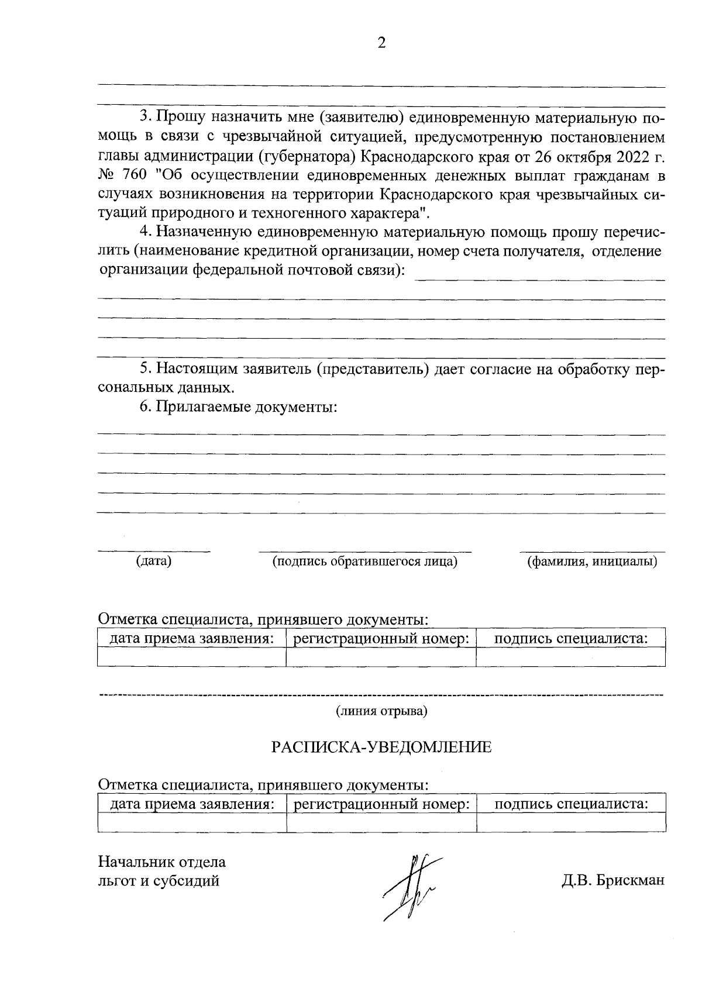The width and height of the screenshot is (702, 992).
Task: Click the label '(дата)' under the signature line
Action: click(x=153, y=562)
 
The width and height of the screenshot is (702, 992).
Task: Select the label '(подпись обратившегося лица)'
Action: click(x=365, y=562)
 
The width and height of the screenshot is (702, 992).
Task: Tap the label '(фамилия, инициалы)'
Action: click(x=592, y=562)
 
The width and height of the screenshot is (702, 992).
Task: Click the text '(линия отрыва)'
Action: click(x=381, y=711)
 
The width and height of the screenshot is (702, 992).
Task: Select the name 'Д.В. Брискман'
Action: click(x=613, y=881)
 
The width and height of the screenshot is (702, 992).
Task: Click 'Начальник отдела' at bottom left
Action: click(x=162, y=862)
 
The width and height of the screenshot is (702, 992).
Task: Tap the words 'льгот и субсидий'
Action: click(x=159, y=880)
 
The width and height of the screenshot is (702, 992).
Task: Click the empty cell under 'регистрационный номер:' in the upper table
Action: click(x=381, y=657)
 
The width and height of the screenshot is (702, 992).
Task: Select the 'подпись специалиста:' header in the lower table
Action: click(x=571, y=804)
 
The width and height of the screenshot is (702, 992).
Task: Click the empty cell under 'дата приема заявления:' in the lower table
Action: click(x=192, y=822)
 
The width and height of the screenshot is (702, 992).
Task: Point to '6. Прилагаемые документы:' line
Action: click(x=238, y=407)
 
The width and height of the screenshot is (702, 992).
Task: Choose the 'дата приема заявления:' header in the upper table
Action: click(x=192, y=638)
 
